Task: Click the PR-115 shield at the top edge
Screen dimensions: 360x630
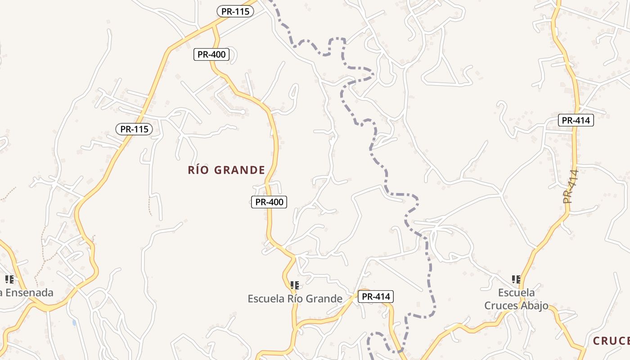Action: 235,12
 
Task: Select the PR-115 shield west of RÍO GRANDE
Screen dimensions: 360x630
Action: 134,129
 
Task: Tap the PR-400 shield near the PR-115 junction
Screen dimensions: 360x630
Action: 211,55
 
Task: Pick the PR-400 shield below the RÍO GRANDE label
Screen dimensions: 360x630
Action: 269,202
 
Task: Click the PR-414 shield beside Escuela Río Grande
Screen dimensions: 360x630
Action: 376,297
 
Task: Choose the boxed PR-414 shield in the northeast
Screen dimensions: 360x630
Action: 576,120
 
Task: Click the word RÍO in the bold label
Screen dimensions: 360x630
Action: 198,170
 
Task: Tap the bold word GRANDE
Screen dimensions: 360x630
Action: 239,170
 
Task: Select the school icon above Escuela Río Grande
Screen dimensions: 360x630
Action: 295,285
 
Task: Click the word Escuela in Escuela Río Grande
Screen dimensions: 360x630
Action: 266,299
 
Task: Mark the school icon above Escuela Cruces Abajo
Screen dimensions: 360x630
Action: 516,279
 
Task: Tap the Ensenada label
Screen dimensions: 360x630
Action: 28,293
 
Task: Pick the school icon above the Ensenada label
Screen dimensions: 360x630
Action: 9,279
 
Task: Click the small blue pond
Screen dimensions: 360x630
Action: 74,323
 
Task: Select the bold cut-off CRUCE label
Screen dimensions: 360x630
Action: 611,341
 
